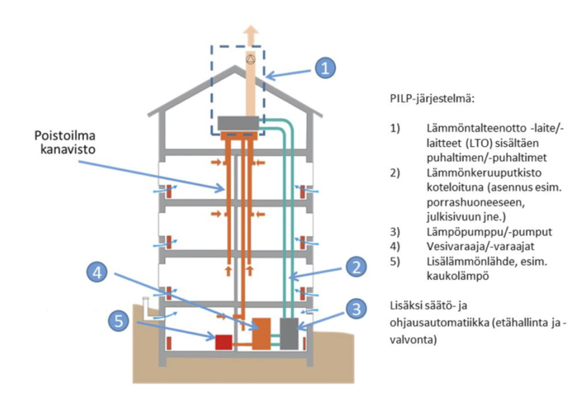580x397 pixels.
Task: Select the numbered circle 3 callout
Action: [356, 309]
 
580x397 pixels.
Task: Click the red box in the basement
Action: [224, 342]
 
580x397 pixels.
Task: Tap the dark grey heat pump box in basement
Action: [289, 333]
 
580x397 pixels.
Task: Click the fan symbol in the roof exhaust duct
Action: [251, 58]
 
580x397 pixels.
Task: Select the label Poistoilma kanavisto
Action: [65, 143]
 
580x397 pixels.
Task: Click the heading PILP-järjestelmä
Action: [432, 98]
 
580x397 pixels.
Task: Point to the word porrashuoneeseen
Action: [476, 202]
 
